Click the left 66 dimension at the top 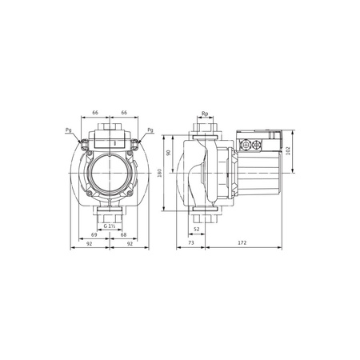pyautogui.click(x=97, y=114)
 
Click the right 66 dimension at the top pyautogui.click(x=125, y=114)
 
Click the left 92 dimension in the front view pyautogui.click(x=90, y=245)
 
